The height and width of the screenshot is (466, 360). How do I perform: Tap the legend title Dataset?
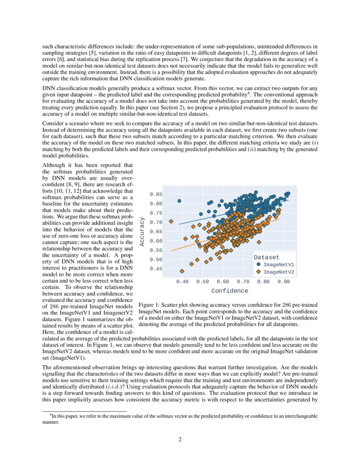[266, 257]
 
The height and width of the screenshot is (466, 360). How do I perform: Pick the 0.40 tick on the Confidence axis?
[182, 281]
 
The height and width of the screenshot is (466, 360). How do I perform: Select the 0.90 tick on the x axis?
[284, 281]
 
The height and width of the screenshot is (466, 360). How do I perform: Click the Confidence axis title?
[230, 291]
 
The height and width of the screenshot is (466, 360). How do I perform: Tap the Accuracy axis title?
[143, 231]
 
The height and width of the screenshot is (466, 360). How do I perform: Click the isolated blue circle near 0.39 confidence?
[179, 201]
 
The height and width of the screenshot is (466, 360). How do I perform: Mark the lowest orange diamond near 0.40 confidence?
[182, 271]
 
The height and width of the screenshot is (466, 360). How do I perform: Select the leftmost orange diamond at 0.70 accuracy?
[171, 221]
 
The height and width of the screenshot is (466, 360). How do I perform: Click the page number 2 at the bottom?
[180, 439]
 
